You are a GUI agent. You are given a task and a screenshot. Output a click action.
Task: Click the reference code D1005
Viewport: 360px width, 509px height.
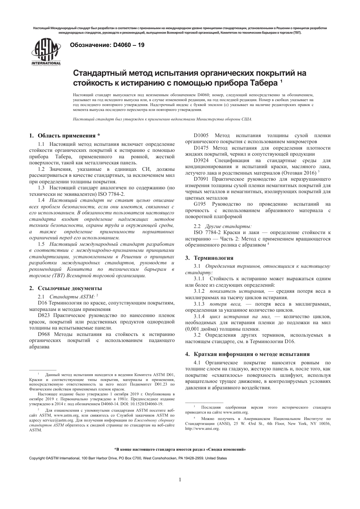[201, 136]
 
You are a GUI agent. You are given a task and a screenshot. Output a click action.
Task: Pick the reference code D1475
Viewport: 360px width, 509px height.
[201, 148]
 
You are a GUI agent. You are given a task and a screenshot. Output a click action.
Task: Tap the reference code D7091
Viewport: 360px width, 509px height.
[201, 178]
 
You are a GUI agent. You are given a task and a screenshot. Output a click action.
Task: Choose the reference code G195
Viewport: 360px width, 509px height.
[200, 204]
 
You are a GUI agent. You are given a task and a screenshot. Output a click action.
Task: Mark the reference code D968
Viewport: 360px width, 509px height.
[44, 334]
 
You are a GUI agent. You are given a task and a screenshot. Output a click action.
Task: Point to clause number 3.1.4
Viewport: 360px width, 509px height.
[199, 316]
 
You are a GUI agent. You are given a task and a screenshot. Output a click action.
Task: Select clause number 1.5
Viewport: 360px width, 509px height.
[41, 245]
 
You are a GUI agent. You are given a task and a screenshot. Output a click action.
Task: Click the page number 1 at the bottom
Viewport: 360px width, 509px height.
[180, 480]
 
